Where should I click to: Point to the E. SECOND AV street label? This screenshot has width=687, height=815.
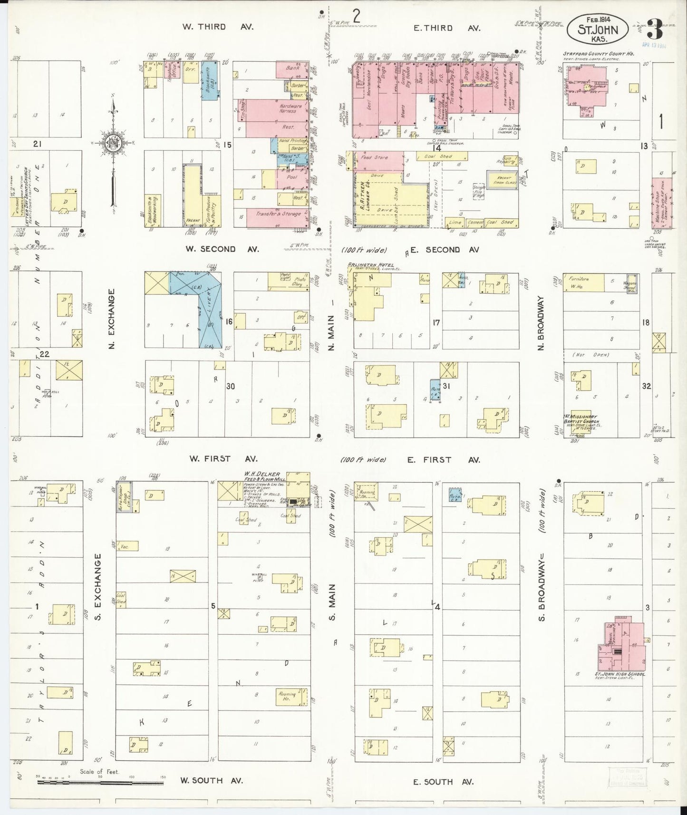click(x=444, y=250)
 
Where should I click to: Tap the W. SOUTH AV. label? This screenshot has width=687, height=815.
click(x=212, y=780)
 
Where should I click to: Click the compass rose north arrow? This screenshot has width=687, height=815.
click(x=114, y=143)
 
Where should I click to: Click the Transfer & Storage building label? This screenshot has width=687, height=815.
click(x=279, y=214)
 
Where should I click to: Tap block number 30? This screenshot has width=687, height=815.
click(x=231, y=386)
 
